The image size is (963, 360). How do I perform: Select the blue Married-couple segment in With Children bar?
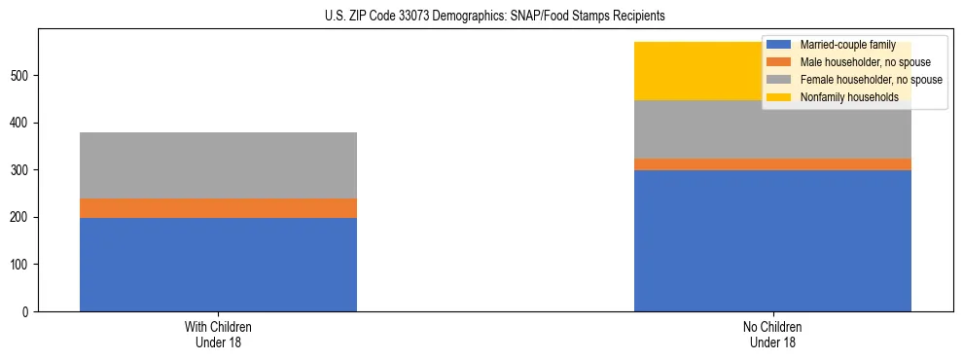coord(218,264)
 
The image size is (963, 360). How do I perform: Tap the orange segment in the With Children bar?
coord(218,208)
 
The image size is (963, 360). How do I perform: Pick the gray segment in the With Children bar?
coord(218,165)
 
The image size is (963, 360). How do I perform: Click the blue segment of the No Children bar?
coord(772,240)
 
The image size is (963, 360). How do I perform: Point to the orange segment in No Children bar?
coord(772,164)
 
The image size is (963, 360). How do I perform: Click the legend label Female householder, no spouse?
coord(870,80)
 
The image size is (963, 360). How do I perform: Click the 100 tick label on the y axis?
coord(22,265)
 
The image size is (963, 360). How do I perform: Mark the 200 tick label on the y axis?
coord(22,217)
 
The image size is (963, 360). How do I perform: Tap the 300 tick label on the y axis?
coord(22,170)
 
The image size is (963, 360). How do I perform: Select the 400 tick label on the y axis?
coord(22,123)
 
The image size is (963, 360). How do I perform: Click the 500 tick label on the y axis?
coord(22,76)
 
